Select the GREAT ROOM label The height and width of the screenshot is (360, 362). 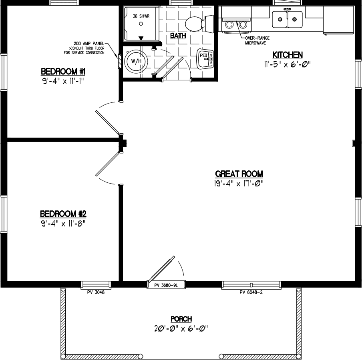click(x=239, y=174)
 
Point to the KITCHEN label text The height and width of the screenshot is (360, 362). click(x=288, y=55)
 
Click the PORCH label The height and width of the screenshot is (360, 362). click(x=181, y=319)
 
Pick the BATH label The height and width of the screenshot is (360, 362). click(x=178, y=36)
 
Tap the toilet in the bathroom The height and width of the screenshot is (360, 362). click(x=197, y=24)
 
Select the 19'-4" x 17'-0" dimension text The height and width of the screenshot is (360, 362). click(x=239, y=183)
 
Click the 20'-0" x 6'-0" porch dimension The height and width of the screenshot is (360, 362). click(x=181, y=328)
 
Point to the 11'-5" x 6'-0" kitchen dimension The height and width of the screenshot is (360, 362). click(x=288, y=64)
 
